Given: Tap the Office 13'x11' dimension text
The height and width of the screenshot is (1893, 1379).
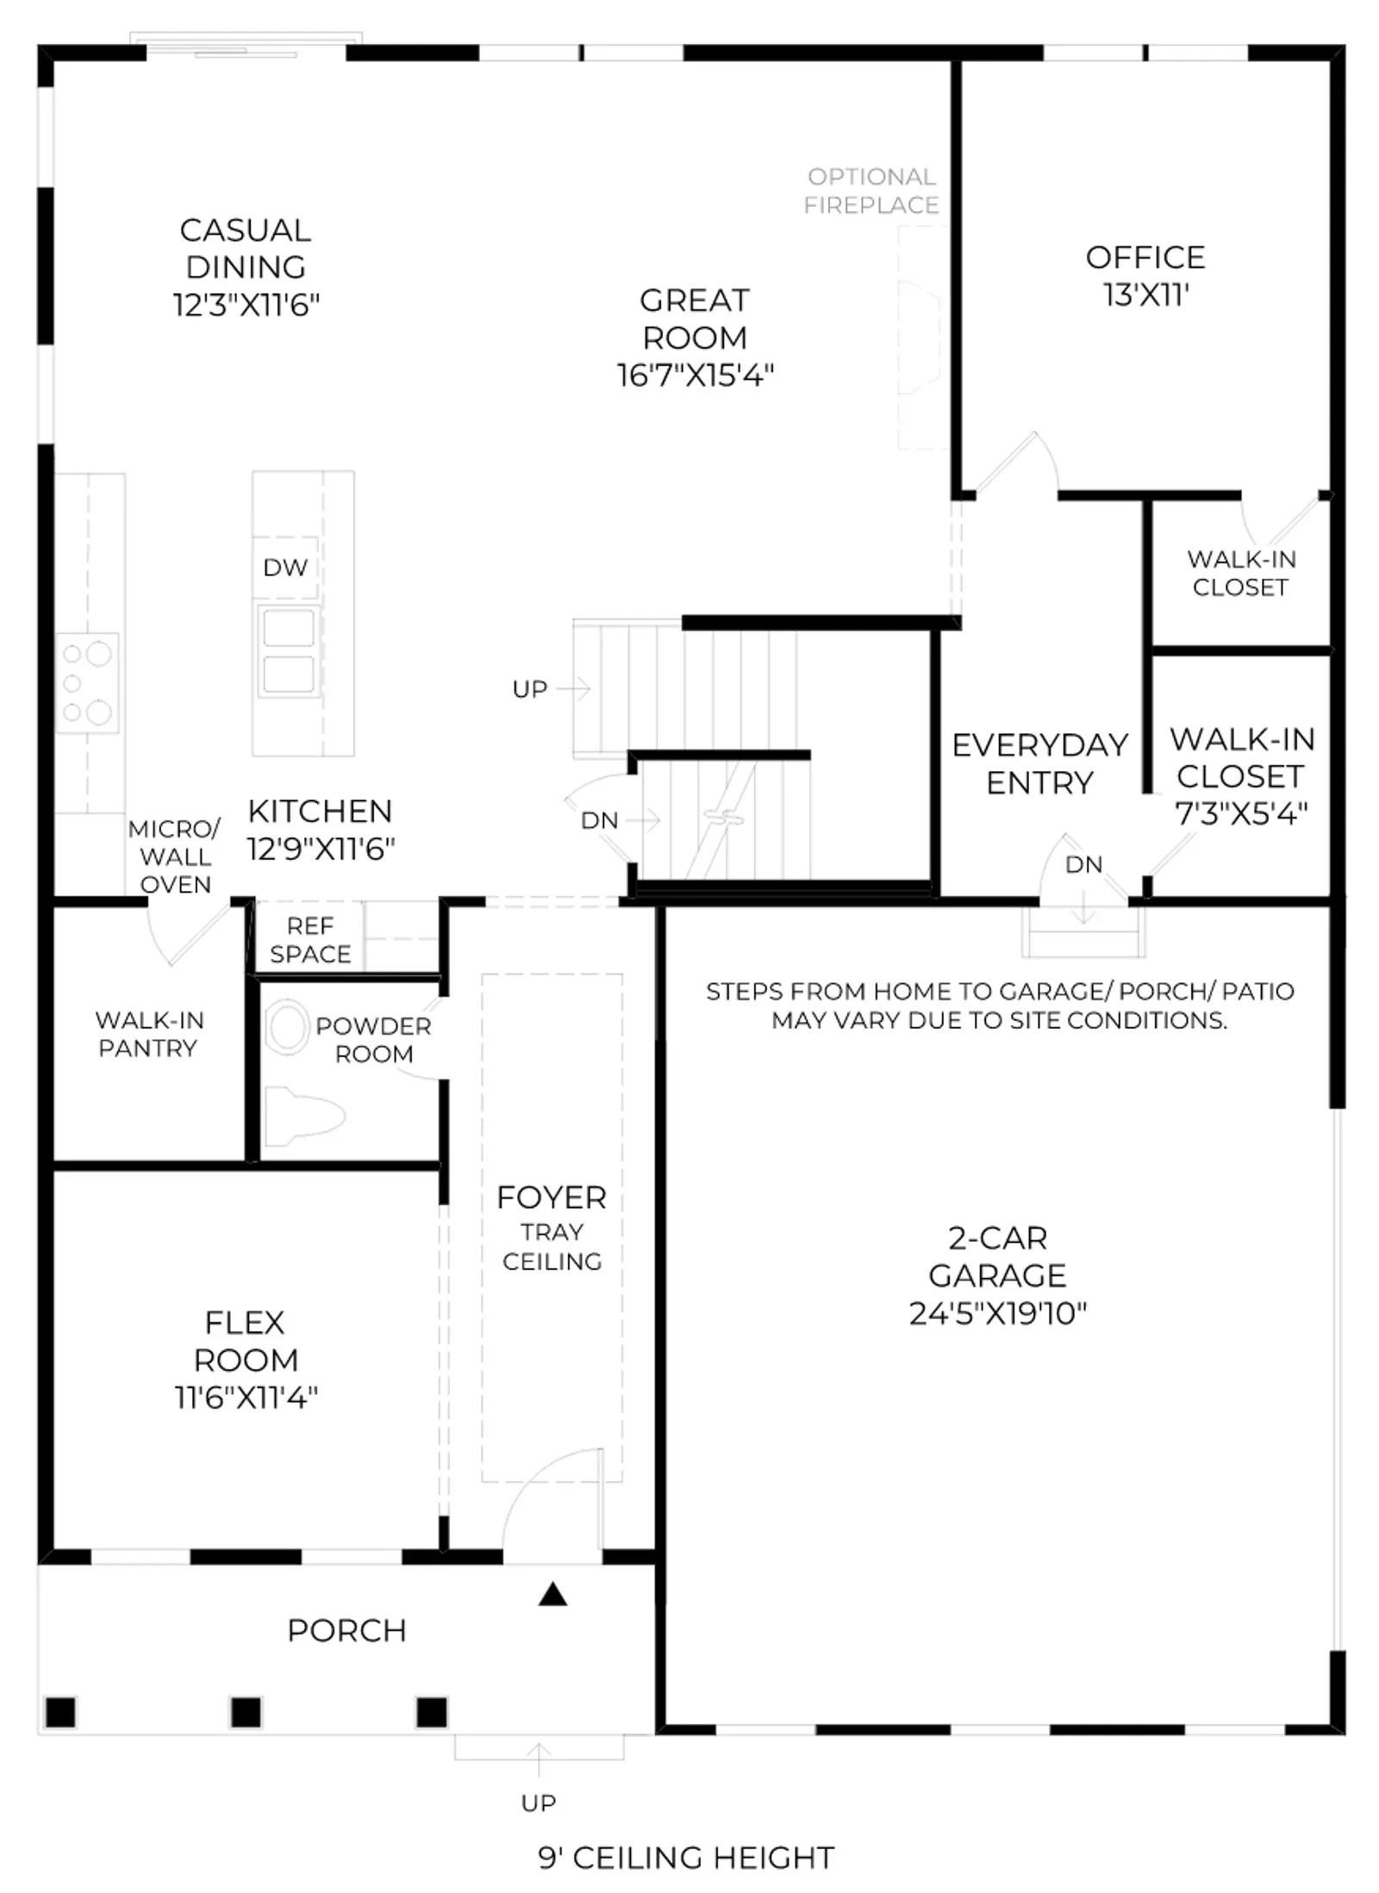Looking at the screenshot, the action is tap(1145, 296).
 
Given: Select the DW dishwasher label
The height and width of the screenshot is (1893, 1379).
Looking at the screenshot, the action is tap(285, 568).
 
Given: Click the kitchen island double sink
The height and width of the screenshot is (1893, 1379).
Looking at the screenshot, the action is tap(288, 651).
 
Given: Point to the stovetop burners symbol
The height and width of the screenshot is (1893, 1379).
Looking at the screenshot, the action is tap(86, 683).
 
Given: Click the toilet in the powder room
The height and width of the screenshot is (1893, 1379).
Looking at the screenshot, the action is tap(303, 1117).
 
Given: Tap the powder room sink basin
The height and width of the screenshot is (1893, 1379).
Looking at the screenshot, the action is tap(288, 1027).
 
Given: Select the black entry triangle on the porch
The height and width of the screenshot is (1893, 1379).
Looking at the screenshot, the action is tap(552, 1595).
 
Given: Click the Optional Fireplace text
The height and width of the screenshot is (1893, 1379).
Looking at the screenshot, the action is tap(871, 191).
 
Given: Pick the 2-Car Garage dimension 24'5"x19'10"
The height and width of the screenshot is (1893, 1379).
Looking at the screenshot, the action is tap(997, 1314).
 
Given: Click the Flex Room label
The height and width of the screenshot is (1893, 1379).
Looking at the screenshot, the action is tap(246, 1341).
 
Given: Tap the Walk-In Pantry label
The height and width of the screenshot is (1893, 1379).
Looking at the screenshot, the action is tap(149, 1034).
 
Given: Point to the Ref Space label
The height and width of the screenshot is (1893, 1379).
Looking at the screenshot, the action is tap(310, 940).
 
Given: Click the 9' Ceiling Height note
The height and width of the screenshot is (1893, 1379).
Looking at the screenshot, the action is tap(686, 1858).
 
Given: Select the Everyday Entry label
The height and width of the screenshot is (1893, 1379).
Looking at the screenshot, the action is tap(1040, 763).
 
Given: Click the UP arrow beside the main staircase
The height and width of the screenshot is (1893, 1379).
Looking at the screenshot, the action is tap(573, 688).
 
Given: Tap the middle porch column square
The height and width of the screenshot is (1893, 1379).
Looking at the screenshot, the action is tap(246, 1712).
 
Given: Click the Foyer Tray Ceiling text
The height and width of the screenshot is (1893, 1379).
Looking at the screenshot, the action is tap(552, 1229).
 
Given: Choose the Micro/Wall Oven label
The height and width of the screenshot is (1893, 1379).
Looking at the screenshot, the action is tap(175, 856).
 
